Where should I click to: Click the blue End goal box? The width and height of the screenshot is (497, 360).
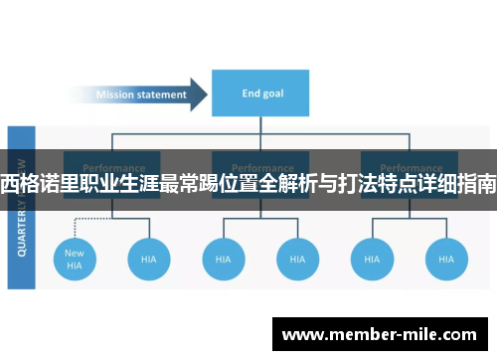pos(260,94)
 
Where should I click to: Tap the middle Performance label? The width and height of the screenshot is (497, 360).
pos(260,168)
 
